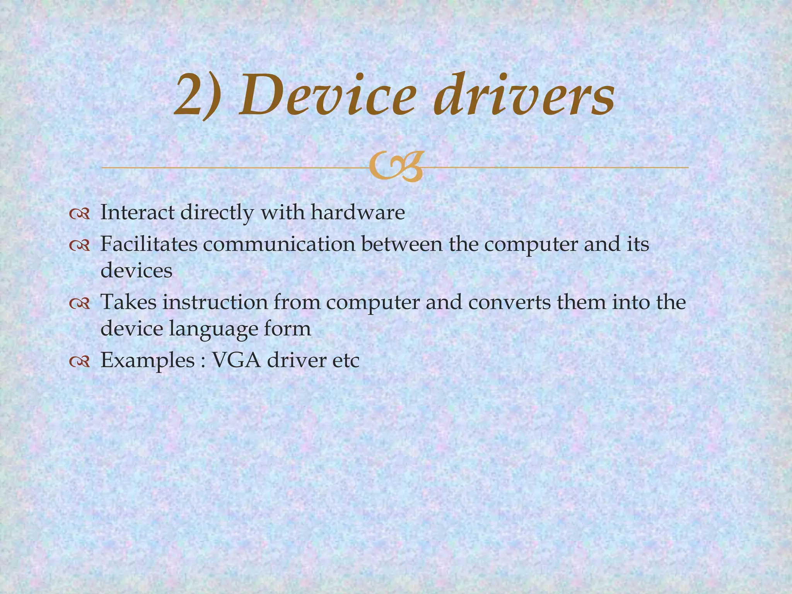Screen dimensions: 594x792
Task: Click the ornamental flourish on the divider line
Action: click(395, 167)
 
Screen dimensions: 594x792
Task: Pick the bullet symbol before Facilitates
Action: click(80, 245)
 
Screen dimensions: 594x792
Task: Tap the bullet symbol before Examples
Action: click(80, 362)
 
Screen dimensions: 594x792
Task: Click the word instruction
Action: click(215, 302)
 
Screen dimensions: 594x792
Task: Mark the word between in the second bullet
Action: click(402, 244)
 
